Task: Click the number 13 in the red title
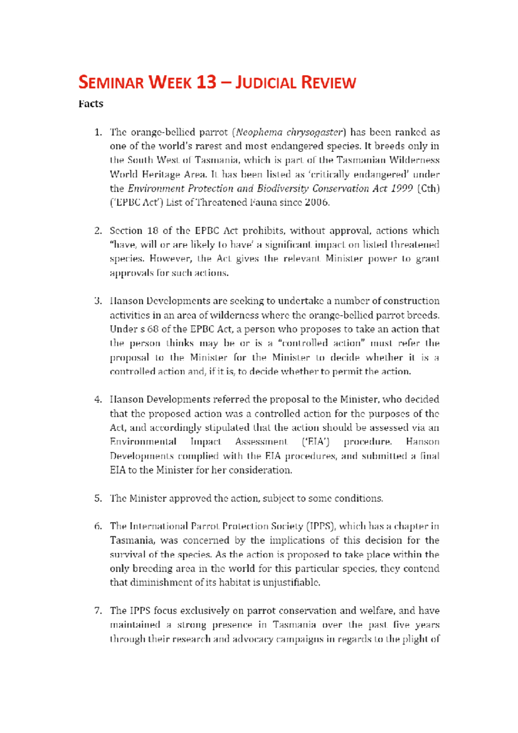pos(205,82)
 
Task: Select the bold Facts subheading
pos(91,104)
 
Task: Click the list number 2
pos(98,231)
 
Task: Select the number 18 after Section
pos(152,231)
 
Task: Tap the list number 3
pos(98,301)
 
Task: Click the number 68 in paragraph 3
pos(153,329)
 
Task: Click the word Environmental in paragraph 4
pos(143,442)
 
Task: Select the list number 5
pos(98,499)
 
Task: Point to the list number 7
pos(98,611)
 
